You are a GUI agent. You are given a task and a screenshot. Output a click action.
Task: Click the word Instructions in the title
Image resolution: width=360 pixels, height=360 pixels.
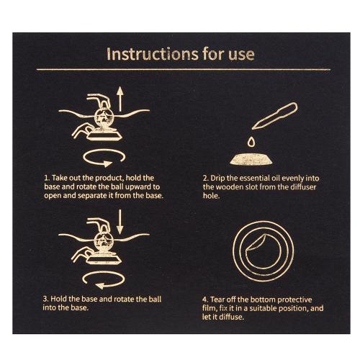pos(152,54)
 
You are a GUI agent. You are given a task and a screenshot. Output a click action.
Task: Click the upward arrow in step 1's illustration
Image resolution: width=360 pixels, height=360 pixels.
pos(120,99)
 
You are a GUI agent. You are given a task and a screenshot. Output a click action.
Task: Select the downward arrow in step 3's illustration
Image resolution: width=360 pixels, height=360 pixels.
pos(120,222)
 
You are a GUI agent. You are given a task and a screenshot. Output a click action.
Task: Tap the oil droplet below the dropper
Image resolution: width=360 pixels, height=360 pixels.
pos(251,142)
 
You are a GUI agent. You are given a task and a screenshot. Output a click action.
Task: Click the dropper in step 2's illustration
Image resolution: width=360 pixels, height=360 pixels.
pos(275,116)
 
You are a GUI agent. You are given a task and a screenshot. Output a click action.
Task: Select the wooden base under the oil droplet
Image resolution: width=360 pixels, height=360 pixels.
pos(251,159)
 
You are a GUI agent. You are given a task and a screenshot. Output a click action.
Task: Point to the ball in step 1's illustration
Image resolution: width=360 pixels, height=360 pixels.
pos(104,117)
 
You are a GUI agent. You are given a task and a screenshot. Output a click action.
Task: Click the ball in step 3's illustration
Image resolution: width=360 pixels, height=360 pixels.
pos(104,241)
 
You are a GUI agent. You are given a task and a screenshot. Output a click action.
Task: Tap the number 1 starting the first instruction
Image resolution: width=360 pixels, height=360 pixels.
pos(46,178)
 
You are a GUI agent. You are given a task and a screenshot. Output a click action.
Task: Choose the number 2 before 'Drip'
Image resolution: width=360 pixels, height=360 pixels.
pos(205,179)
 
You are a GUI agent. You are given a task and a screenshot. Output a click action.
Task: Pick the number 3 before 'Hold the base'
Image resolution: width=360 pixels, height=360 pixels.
pos(45,299)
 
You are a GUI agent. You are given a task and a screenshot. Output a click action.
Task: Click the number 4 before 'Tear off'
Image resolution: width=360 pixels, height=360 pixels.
pos(204,300)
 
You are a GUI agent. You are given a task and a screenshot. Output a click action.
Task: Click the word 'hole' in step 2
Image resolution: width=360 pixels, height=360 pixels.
pos(210,196)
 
